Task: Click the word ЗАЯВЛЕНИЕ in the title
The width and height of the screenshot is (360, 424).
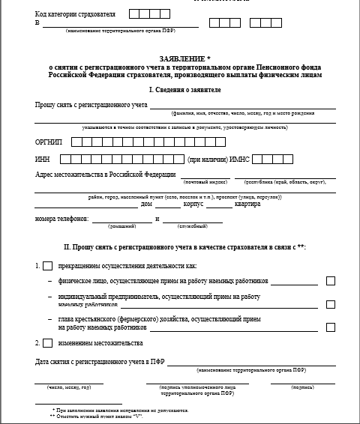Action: (x=178, y=58)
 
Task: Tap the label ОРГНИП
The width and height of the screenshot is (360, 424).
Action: (x=49, y=142)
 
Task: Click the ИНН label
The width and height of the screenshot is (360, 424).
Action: (x=42, y=160)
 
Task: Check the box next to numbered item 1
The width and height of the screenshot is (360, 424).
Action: (x=48, y=265)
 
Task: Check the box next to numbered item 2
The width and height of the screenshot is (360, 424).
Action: (x=48, y=343)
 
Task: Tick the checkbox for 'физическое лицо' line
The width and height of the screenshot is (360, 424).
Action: (x=331, y=282)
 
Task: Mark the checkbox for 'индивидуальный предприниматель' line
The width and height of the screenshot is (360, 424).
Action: (x=331, y=304)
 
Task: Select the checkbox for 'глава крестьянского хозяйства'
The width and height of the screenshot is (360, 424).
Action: (x=331, y=327)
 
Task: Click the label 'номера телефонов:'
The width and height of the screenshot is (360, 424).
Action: (x=61, y=219)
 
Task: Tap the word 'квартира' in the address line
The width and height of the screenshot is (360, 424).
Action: (x=247, y=204)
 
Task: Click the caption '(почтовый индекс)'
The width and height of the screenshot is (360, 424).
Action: (x=205, y=182)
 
